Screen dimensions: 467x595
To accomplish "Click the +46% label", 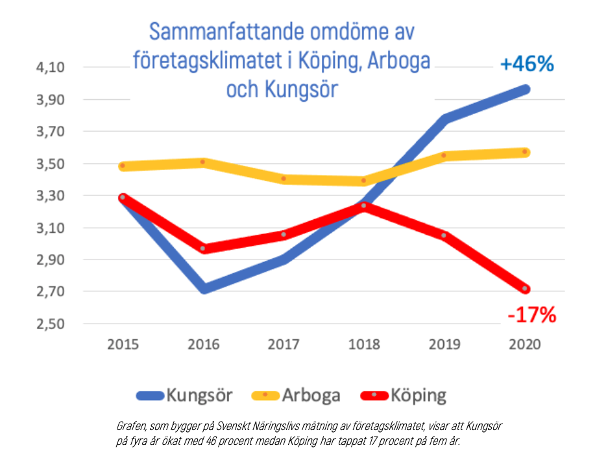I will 526,64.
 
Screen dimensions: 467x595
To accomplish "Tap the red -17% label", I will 531,316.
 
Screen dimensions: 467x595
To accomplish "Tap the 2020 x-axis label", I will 525,344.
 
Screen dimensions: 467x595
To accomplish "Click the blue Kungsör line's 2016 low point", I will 204,289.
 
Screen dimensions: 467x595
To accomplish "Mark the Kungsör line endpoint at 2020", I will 525,89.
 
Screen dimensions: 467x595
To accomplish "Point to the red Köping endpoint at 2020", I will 525,289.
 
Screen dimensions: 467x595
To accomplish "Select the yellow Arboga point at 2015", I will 123,166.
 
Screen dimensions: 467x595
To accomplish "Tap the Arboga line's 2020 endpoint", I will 525,152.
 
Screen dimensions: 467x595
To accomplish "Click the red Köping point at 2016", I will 204,248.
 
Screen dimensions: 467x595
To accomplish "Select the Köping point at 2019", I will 444,235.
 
